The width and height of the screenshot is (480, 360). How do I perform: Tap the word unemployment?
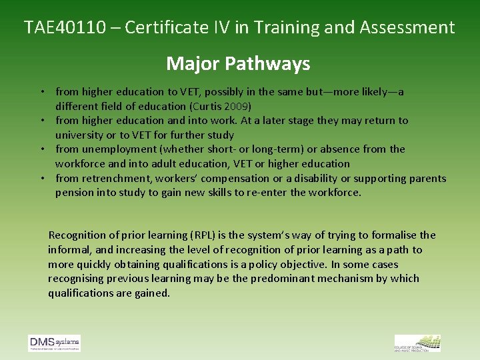tap(117, 149)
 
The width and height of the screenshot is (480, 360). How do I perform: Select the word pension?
tap(75, 193)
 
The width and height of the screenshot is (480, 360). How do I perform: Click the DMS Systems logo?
tap(54, 343)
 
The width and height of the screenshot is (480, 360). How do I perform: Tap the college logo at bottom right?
tap(417, 343)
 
